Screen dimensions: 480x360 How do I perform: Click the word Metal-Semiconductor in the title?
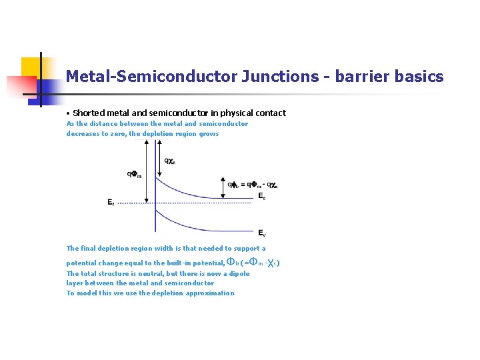click(x=151, y=77)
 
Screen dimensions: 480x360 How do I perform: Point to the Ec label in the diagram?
click(x=263, y=197)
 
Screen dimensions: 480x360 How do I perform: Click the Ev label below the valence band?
click(x=263, y=233)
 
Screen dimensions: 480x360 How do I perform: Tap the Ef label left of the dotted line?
click(x=111, y=202)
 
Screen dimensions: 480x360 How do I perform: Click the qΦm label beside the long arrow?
click(x=135, y=175)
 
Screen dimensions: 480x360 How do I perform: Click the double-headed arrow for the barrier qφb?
click(x=222, y=187)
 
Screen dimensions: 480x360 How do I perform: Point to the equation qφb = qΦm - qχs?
click(x=253, y=185)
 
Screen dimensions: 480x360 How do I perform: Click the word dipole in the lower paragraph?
click(x=238, y=273)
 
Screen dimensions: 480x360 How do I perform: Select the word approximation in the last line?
click(x=210, y=293)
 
